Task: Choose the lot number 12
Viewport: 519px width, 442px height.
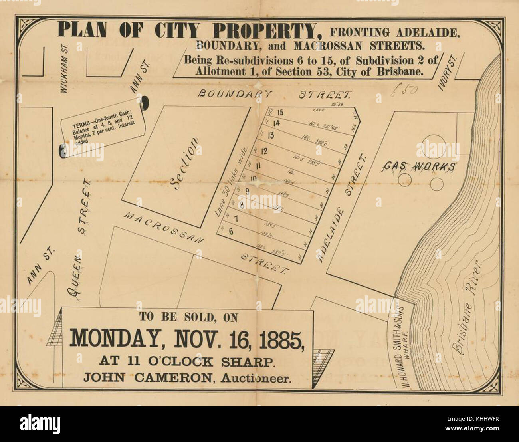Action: point(263,151)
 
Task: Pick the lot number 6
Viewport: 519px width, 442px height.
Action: point(231,230)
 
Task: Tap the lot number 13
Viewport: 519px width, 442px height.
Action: point(271,135)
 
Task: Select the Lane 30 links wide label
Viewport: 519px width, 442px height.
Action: point(232,182)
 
